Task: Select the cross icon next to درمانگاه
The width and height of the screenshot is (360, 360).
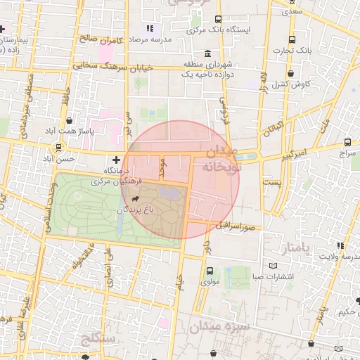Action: pyautogui.click(x=116, y=160)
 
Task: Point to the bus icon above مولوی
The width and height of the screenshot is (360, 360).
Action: pyautogui.click(x=210, y=271)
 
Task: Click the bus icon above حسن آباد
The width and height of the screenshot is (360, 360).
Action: pyautogui.click(x=58, y=148)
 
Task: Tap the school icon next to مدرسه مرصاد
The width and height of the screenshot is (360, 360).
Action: pyautogui.click(x=149, y=29)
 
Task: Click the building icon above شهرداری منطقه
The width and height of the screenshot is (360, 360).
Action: pyautogui.click(x=207, y=53)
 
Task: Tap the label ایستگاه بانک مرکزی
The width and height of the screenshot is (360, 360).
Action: pyautogui.click(x=217, y=30)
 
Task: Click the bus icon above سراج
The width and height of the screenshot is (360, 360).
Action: pyautogui.click(x=348, y=142)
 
